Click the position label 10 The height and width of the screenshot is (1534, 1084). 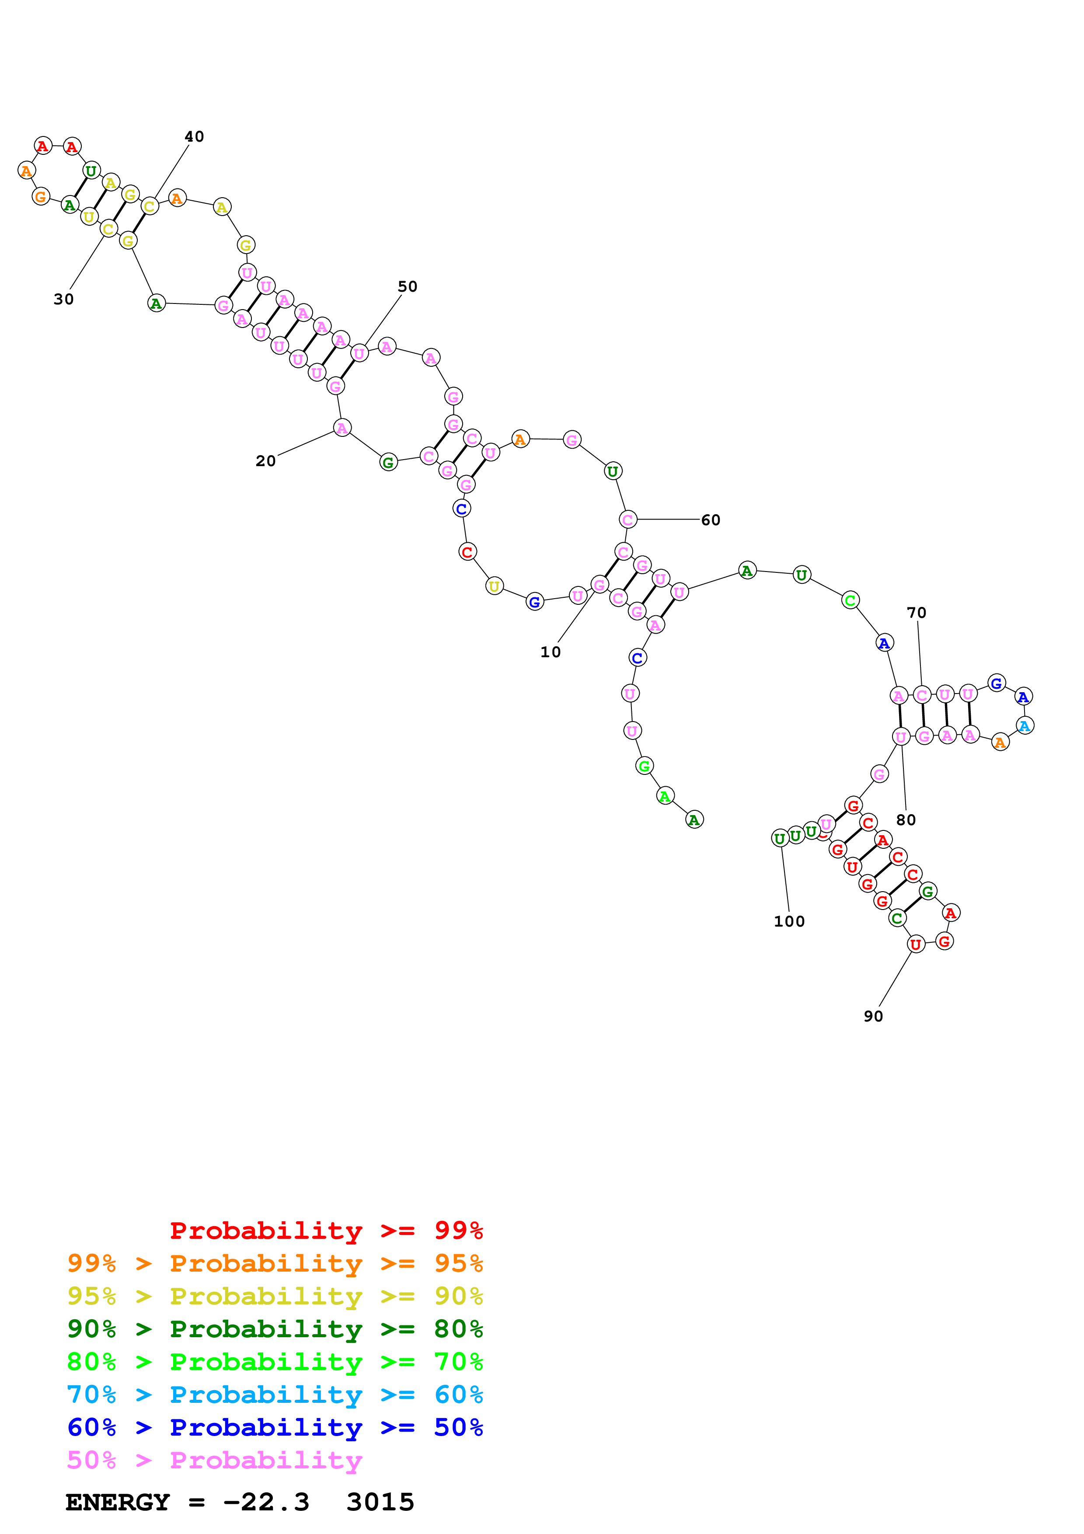click(551, 652)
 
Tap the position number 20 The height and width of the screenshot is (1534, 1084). click(265, 461)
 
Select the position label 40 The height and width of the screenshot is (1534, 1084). click(194, 136)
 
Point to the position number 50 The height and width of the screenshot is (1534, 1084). click(408, 286)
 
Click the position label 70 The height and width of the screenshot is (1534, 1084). click(917, 613)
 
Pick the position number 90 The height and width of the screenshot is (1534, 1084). click(873, 1016)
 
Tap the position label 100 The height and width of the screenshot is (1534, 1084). click(789, 921)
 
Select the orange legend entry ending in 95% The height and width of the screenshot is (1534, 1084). click(275, 1263)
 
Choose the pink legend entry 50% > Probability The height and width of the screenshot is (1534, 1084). click(214, 1460)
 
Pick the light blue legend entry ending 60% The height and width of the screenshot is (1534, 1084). click(275, 1395)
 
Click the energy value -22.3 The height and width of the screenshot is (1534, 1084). click(266, 1502)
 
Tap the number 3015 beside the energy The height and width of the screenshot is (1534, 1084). click(380, 1502)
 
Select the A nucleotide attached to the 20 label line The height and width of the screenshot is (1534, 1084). click(342, 428)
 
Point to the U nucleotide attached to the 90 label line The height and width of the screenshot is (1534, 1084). click(916, 944)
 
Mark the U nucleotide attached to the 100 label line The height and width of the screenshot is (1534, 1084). click(779, 838)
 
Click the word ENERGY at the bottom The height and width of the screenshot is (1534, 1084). click(118, 1502)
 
